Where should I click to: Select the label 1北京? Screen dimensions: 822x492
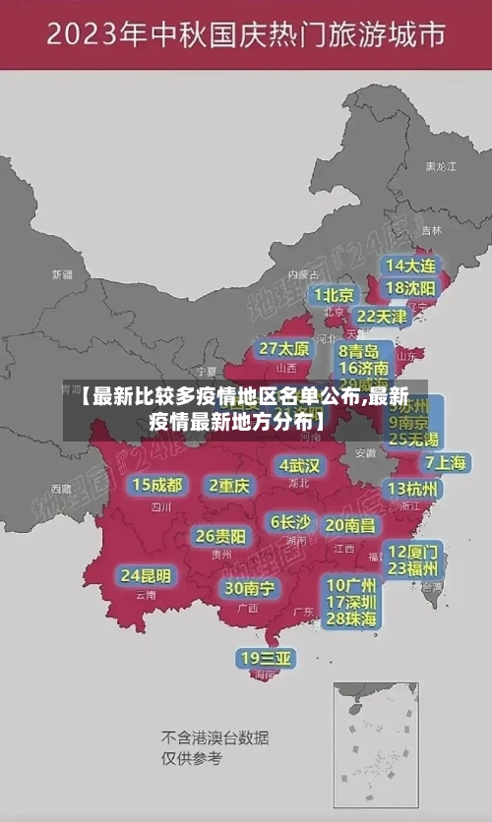(x=334, y=295)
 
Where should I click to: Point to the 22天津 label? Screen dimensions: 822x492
(x=381, y=317)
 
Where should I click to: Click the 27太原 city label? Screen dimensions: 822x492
(x=284, y=349)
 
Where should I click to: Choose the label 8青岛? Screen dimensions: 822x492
(x=359, y=350)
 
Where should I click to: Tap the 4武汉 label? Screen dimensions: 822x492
(x=299, y=465)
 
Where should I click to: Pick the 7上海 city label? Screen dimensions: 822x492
(x=445, y=463)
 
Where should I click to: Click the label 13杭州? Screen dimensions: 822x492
(x=413, y=489)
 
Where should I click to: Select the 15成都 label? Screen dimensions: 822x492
(x=157, y=485)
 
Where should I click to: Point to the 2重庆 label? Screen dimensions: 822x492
(x=229, y=485)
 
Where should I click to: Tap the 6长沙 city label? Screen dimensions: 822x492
(x=290, y=522)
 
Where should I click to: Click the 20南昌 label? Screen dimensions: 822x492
(x=349, y=525)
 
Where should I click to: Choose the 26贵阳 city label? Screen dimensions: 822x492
(x=220, y=536)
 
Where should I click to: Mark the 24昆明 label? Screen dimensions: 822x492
(x=146, y=575)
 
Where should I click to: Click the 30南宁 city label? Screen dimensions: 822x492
(x=250, y=588)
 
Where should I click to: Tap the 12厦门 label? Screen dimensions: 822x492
(x=413, y=551)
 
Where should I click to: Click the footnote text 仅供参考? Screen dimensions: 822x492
(x=192, y=758)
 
